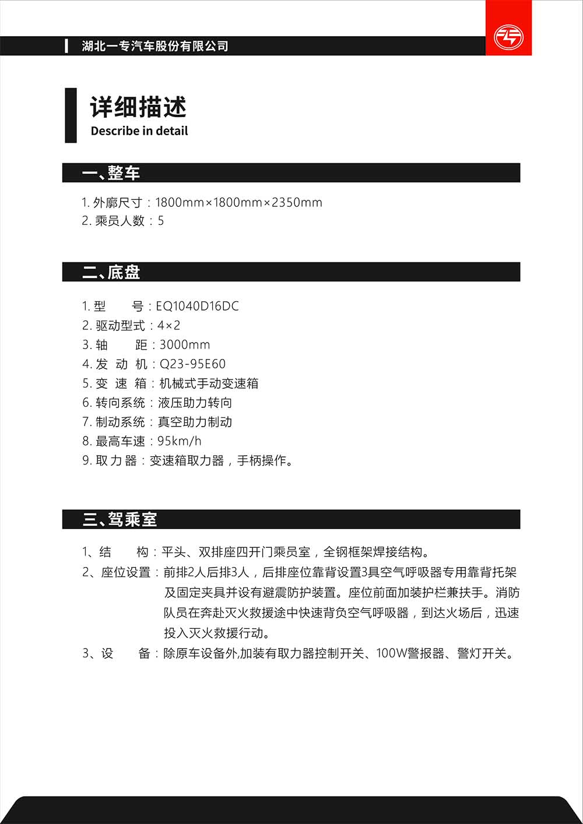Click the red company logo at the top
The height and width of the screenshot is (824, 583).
point(508,36)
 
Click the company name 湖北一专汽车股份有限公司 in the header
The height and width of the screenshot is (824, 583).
point(155,46)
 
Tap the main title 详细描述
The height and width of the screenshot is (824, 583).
point(138,107)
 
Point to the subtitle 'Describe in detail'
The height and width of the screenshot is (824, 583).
point(139,131)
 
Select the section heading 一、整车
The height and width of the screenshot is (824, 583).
point(111,173)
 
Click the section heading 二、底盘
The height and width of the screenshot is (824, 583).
point(111,272)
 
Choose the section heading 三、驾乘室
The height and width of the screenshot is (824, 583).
point(120,519)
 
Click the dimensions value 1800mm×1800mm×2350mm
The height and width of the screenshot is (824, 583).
point(238,203)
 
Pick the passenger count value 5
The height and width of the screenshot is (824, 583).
point(161,221)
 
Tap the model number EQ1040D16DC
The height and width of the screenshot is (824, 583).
point(197,306)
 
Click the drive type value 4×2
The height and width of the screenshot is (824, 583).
point(169,325)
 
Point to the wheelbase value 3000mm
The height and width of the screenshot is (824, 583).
point(185,344)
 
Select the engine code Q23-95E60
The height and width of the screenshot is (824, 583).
point(192,364)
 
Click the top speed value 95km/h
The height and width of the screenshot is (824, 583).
point(180,441)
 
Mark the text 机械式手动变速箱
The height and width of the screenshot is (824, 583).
point(209,383)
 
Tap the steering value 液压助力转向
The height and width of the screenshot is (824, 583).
point(195,403)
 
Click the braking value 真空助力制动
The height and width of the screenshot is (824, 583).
point(195,422)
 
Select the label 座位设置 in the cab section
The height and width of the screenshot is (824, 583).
point(126,572)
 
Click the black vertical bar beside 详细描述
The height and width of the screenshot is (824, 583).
point(71,115)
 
